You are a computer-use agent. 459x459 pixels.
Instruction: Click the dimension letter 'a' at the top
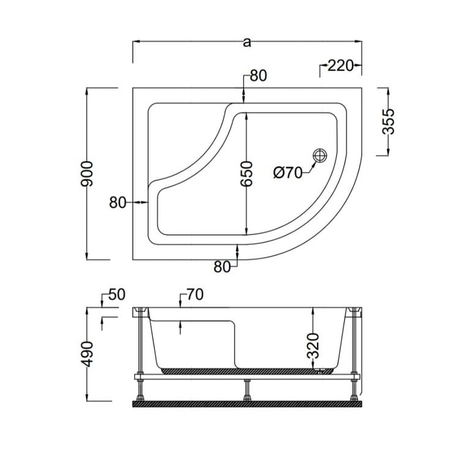[x=247, y=42]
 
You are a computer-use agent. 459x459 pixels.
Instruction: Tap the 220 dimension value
[x=340, y=65]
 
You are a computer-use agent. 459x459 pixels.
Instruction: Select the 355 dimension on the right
[x=389, y=122]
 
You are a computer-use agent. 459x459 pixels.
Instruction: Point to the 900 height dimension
[x=87, y=174]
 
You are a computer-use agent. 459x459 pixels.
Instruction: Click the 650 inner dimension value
[x=246, y=174]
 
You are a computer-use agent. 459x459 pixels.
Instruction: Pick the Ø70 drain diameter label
[x=287, y=173]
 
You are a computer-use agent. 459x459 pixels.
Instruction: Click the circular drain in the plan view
[x=319, y=155]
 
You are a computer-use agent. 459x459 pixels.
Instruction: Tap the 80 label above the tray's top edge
[x=258, y=75]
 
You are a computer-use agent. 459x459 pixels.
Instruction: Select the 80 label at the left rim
[x=118, y=203]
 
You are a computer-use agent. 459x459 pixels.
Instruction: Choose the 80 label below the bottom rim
[x=222, y=267]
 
